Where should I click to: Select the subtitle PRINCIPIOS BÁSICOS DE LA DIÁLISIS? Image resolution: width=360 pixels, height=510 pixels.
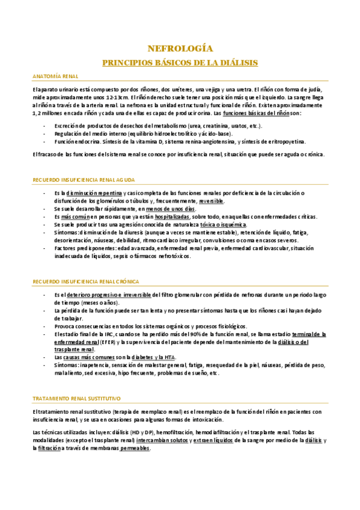coord(180,62)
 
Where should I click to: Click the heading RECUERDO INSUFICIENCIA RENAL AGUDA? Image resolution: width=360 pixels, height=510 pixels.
coord(83,180)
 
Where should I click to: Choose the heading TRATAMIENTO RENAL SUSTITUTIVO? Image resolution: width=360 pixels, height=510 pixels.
coord(76,381)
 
